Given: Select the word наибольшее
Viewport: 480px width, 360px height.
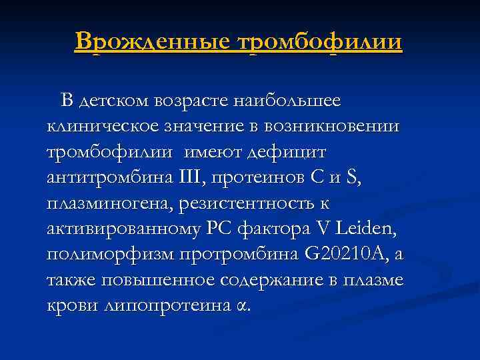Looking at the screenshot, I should (289, 101).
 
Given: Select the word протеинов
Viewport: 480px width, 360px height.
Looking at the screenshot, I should (271, 178).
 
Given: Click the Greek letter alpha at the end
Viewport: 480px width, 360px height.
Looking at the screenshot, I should (241, 307).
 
